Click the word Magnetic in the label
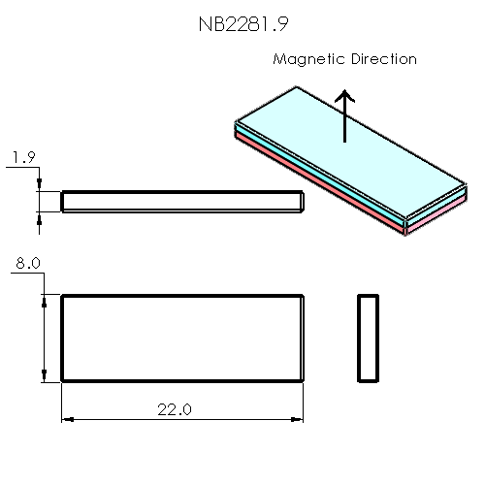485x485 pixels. [305, 59]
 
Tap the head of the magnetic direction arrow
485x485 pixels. [344, 96]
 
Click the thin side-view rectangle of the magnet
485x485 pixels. [183, 201]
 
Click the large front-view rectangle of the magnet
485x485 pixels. [183, 338]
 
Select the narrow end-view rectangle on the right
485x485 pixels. [368, 338]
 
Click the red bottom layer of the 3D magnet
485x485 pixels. [320, 194]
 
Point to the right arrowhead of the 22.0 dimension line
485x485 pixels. [298, 419]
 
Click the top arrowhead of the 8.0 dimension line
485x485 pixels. [43, 301]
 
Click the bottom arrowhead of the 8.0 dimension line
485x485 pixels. [43, 374]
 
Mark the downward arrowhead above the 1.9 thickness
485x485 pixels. [39, 185]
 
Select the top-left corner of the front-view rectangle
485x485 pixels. [62, 295]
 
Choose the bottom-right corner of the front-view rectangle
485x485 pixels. [304, 380]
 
